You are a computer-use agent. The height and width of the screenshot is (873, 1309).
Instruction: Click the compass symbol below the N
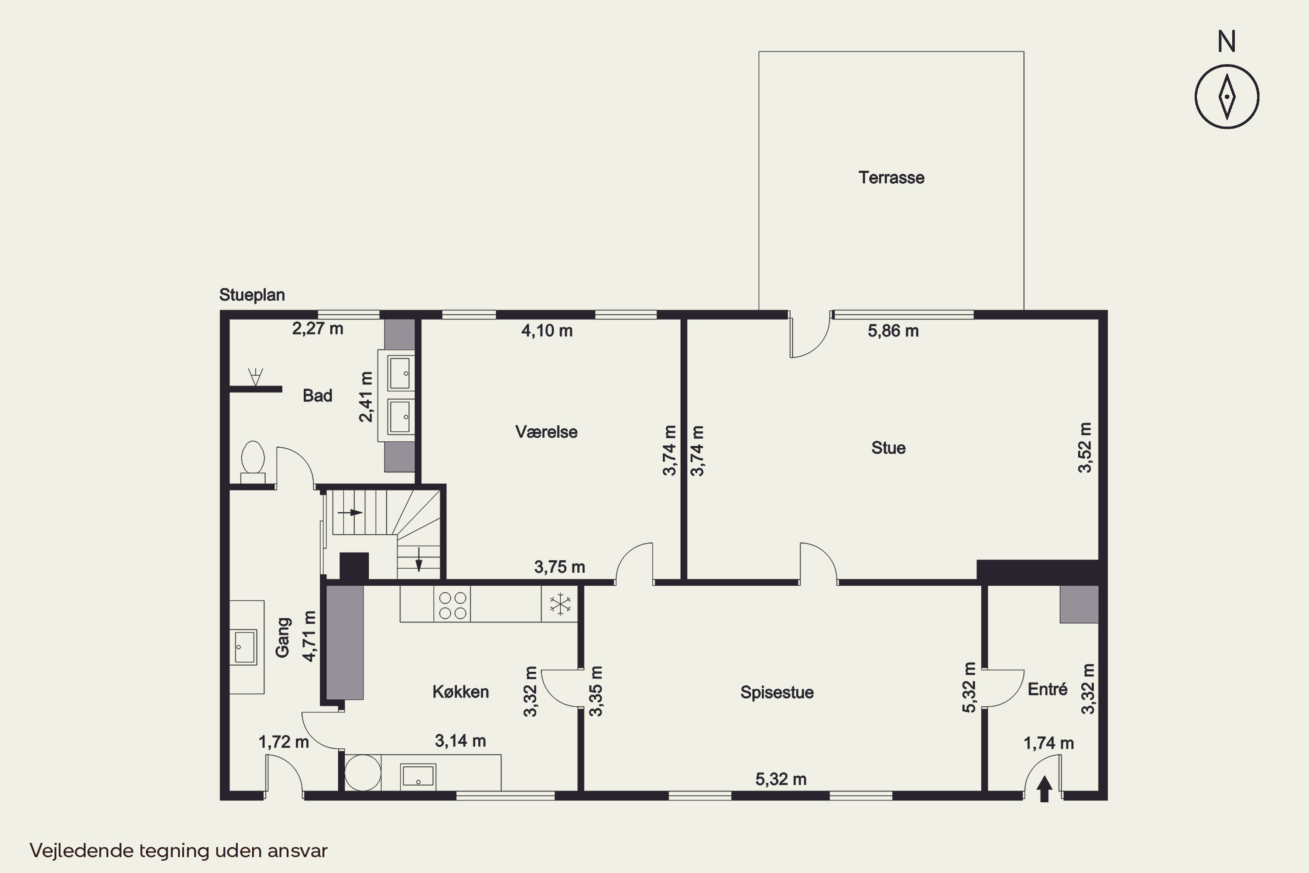pos(1227,97)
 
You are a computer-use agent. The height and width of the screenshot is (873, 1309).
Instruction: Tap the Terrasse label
pos(891,178)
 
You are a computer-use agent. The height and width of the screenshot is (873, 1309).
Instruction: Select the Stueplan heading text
pos(252,295)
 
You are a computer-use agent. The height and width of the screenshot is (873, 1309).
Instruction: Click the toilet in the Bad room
pos(253,461)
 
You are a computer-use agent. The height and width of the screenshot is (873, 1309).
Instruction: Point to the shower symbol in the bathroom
pos(255,376)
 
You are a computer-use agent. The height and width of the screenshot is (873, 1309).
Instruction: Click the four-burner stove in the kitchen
pos(452,605)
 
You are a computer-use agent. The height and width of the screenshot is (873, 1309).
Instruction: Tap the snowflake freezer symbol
pos(560,604)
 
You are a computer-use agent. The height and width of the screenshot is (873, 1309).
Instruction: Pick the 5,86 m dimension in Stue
pos(893,331)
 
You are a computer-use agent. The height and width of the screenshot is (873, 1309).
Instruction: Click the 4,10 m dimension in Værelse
pos(547,331)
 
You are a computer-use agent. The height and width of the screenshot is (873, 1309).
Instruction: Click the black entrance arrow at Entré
pos(1044,789)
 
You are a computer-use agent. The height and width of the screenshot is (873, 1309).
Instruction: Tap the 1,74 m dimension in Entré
pos(1049,743)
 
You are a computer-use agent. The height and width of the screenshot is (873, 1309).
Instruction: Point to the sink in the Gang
pos(244,647)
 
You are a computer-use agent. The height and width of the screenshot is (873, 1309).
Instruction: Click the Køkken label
pos(460,691)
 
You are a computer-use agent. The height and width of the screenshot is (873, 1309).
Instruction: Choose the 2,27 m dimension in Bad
pos(317,329)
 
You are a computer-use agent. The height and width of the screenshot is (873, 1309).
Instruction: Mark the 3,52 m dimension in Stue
pos(1085,448)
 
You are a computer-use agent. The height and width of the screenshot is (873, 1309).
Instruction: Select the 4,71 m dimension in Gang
pos(309,636)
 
